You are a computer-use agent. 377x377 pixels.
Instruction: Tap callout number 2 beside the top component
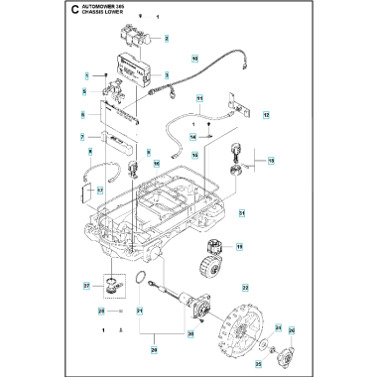pos(167,39)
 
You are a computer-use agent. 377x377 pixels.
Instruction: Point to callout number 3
pos(167,74)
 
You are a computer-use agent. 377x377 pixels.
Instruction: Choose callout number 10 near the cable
pos(194,60)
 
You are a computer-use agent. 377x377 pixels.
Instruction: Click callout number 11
pos(199,100)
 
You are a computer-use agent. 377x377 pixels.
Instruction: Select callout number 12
pos(266,116)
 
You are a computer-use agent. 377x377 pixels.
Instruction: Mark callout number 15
pos(272,159)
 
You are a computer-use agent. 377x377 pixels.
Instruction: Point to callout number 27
pos(87,288)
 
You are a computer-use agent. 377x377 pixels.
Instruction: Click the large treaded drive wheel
pos(239,315)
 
